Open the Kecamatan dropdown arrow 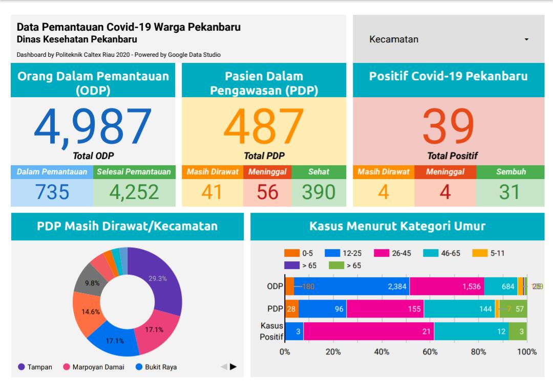[526, 40]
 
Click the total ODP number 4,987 [93, 126]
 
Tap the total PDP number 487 [264, 126]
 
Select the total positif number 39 [448, 126]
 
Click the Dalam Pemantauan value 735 [52, 192]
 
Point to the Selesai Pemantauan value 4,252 [134, 192]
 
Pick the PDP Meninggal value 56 [267, 192]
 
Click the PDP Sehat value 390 [318, 192]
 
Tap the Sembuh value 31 [510, 192]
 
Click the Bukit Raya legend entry [156, 367]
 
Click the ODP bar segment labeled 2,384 [352, 286]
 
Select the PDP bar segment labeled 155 [385, 309]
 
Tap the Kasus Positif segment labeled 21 [369, 331]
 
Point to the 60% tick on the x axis [430, 352]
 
